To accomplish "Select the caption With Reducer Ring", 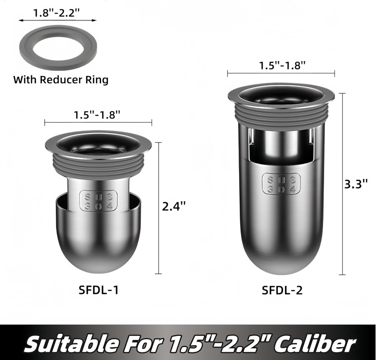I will tap(61, 80).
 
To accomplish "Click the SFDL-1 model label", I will tap(98, 290).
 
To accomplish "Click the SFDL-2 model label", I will tap(282, 290).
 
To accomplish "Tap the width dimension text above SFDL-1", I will tap(97, 115).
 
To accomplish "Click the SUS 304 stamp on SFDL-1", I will tap(98, 200).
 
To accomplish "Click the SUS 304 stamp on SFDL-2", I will tap(281, 184).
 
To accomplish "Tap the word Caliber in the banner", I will tap(316, 344).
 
